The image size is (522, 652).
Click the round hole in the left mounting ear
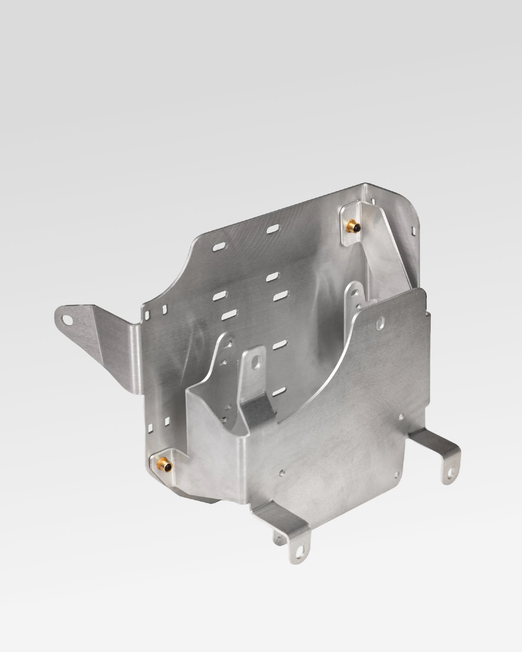[x=66, y=319]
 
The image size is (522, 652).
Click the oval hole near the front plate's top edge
[x=381, y=323]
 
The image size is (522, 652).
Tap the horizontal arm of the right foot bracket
[x=431, y=439]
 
